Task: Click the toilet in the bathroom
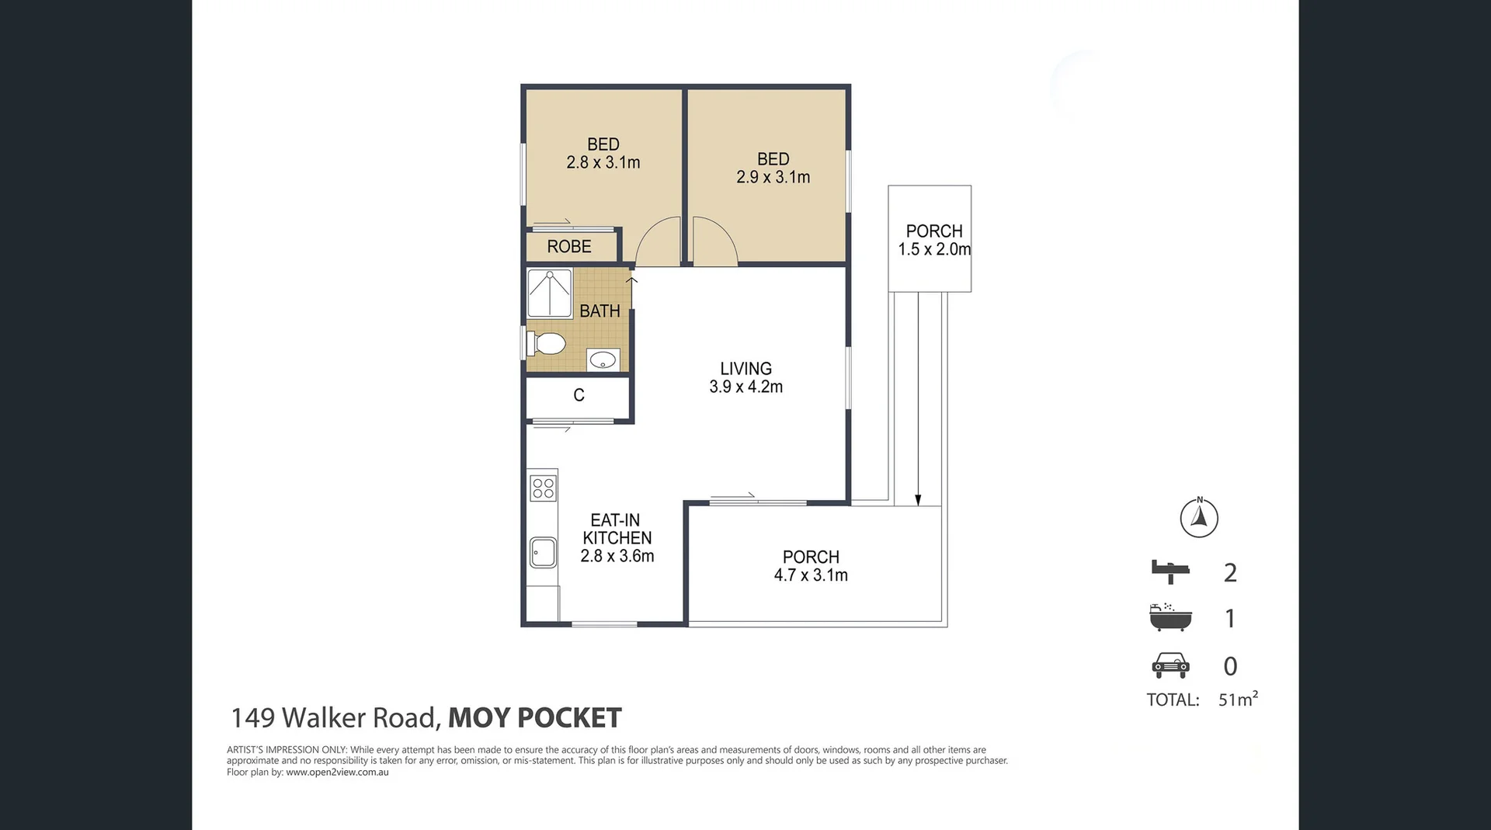[547, 342]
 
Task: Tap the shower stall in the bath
[550, 293]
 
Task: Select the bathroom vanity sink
[603, 359]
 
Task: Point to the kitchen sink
[543, 553]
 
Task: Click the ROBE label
[569, 247]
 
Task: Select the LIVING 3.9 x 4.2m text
[745, 378]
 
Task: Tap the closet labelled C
[579, 396]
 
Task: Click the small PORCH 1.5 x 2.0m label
[934, 241]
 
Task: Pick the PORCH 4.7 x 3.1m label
[811, 567]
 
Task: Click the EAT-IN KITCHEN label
[617, 538]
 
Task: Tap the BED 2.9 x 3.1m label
[773, 168]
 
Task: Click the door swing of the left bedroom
[659, 242]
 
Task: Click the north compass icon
[1199, 518]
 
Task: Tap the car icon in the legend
[1170, 665]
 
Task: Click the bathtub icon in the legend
[1170, 617]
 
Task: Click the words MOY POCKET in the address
[535, 718]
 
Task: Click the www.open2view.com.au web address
[337, 773]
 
